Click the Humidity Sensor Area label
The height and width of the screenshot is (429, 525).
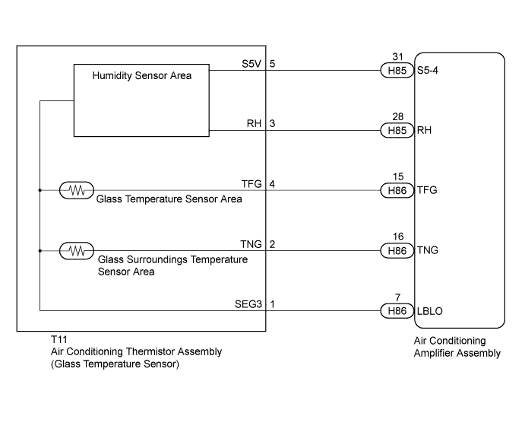pyautogui.click(x=141, y=76)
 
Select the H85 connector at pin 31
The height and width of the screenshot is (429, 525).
pyautogui.click(x=397, y=71)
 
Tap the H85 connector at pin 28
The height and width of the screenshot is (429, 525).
pyautogui.click(x=397, y=130)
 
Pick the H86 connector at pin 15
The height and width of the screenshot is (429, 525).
pyautogui.click(x=397, y=190)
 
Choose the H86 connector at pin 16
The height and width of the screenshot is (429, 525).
pyautogui.click(x=397, y=251)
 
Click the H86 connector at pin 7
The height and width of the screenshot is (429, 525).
pyautogui.click(x=397, y=311)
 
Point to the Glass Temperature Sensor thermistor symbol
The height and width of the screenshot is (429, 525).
pyautogui.click(x=77, y=190)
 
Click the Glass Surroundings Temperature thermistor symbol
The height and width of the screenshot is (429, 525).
pyautogui.click(x=77, y=251)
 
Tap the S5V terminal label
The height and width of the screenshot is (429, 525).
pyautogui.click(x=251, y=64)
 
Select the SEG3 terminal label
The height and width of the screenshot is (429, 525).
pyautogui.click(x=248, y=304)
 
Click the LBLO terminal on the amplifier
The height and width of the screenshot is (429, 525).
pyautogui.click(x=429, y=311)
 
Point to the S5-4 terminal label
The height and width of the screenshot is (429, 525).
pyautogui.click(x=428, y=71)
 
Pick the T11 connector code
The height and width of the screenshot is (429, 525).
pyautogui.click(x=59, y=339)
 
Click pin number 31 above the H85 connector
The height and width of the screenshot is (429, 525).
pyautogui.click(x=398, y=57)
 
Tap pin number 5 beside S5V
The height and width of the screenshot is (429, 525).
pyautogui.click(x=272, y=64)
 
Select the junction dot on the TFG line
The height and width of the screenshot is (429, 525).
pyautogui.click(x=40, y=190)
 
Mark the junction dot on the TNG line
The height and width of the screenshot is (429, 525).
pyautogui.click(x=40, y=251)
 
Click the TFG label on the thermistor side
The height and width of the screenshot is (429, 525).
pyautogui.click(x=251, y=183)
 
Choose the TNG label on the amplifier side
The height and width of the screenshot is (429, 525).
pyautogui.click(x=428, y=250)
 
